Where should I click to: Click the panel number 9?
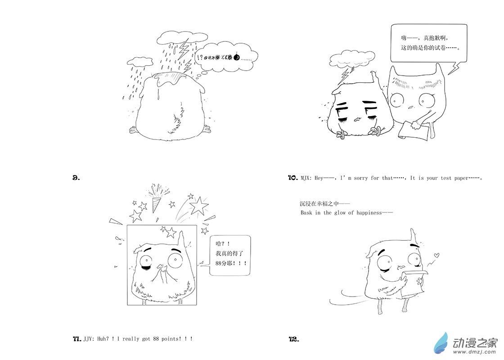(76, 177)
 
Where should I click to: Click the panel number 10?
(292, 178)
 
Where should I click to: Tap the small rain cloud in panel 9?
(140, 61)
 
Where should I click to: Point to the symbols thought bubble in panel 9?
(227, 57)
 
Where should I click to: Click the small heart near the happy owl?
(436, 255)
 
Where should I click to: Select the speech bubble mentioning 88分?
(229, 256)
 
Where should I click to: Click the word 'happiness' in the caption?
(369, 213)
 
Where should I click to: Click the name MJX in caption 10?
(304, 178)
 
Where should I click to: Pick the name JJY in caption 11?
(87, 339)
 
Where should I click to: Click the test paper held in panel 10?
(414, 130)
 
